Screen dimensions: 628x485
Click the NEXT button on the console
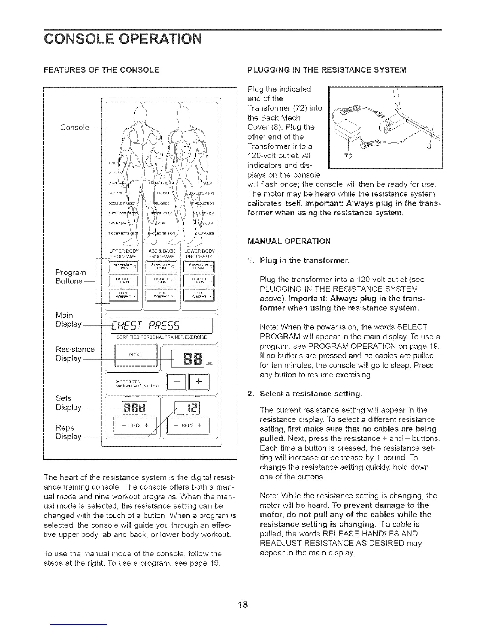click(x=136, y=354)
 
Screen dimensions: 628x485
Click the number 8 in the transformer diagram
click(x=428, y=147)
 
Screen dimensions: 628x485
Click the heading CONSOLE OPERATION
click(x=123, y=40)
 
